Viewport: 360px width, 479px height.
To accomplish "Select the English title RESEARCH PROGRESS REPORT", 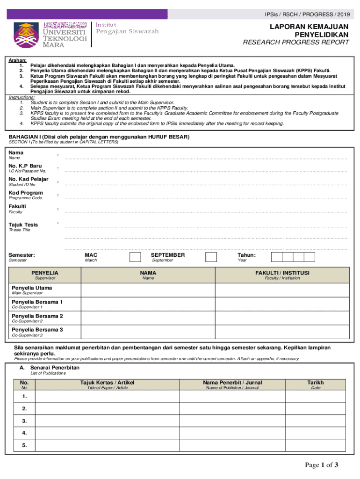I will point(295,43).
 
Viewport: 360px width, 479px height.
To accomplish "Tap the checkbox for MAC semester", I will point(135,257).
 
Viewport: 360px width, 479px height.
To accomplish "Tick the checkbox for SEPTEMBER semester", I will point(211,257).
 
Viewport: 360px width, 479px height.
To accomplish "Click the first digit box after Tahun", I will point(277,257).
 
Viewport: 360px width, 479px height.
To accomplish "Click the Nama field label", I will point(16,153).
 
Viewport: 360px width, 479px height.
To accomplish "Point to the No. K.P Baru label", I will point(25,166).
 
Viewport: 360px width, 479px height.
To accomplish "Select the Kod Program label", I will point(26,193).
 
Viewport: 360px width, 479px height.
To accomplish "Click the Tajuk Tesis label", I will point(23,225).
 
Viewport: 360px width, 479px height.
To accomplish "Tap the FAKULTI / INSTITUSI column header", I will point(282,273).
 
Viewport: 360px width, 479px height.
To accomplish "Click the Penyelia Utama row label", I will point(32,288).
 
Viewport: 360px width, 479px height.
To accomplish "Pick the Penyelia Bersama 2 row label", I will point(37,316).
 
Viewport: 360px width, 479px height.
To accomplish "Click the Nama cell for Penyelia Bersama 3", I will point(148,332).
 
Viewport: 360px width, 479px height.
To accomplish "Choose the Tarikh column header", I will point(316,383).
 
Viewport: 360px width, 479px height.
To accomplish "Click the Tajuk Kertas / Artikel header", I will point(107,383).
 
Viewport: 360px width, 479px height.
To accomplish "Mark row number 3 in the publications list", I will point(24,421).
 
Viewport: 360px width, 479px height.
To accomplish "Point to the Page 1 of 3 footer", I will point(322,465).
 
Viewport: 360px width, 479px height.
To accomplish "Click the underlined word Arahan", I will point(18,61).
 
